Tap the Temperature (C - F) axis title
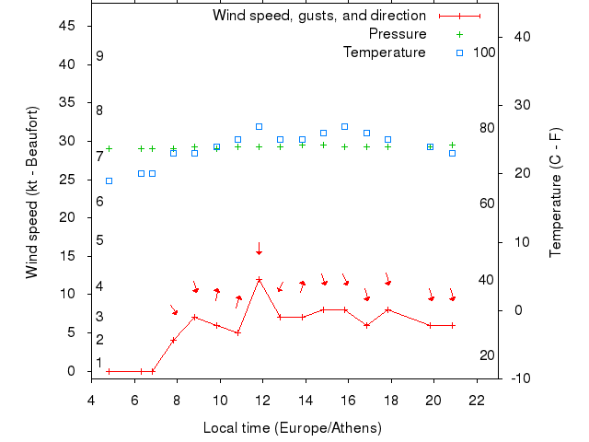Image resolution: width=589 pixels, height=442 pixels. (x=556, y=193)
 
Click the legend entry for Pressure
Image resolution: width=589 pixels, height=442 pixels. (x=397, y=34)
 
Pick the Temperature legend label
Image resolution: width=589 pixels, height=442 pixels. (x=384, y=52)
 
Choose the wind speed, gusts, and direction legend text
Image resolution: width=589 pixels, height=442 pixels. (x=318, y=16)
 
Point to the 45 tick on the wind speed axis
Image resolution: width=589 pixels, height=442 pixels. (x=67, y=26)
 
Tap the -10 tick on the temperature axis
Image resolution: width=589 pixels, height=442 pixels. (x=519, y=378)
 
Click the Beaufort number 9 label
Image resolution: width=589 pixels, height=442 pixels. (x=99, y=56)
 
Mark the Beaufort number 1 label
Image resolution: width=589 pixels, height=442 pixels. (x=99, y=363)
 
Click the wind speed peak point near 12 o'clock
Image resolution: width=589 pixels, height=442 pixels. (x=260, y=279)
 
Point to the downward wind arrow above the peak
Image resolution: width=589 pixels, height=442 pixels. (x=260, y=249)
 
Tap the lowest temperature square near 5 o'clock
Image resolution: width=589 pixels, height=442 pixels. (x=109, y=181)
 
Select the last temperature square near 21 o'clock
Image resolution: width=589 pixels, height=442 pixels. (x=452, y=153)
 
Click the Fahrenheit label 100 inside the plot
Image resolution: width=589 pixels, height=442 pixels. (x=484, y=52)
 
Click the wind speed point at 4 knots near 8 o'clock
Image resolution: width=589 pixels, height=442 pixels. (x=173, y=340)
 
